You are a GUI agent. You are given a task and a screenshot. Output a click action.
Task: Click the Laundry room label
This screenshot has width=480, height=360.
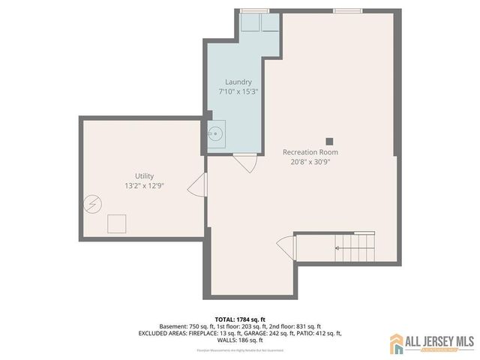238,82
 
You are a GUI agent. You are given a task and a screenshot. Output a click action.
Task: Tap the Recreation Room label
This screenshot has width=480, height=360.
315,152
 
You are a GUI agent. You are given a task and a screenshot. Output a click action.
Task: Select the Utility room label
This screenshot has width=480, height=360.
144,176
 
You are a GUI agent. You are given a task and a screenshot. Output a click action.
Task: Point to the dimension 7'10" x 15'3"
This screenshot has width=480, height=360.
238,91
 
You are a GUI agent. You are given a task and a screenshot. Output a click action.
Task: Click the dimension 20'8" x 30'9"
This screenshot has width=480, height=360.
315,161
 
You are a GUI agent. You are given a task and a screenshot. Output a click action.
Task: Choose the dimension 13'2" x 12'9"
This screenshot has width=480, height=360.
144,185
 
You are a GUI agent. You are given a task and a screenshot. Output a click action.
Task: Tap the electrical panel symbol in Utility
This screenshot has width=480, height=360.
91,203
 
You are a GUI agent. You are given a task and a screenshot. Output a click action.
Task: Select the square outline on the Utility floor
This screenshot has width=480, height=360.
117,224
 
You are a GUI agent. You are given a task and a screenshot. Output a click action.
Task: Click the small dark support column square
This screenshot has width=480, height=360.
328,140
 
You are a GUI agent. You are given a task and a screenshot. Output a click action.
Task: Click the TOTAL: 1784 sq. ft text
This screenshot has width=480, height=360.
239,319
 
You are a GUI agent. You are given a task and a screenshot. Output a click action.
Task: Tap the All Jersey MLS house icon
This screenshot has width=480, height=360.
396,343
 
